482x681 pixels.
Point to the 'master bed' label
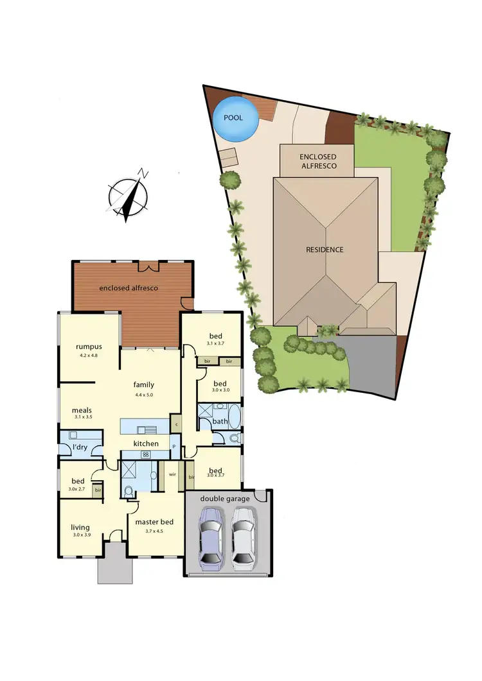[154, 522]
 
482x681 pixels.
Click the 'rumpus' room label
[89, 347]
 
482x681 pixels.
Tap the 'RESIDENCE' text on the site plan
[325, 250]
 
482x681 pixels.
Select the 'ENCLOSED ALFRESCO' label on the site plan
[317, 161]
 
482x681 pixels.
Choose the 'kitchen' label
[146, 444]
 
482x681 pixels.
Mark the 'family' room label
[144, 384]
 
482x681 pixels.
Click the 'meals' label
[82, 410]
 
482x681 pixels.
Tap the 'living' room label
[81, 528]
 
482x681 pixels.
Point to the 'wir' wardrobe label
[172, 474]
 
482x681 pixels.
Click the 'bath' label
[220, 421]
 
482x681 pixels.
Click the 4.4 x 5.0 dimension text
[144, 395]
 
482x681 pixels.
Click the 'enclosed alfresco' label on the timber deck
[129, 288]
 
